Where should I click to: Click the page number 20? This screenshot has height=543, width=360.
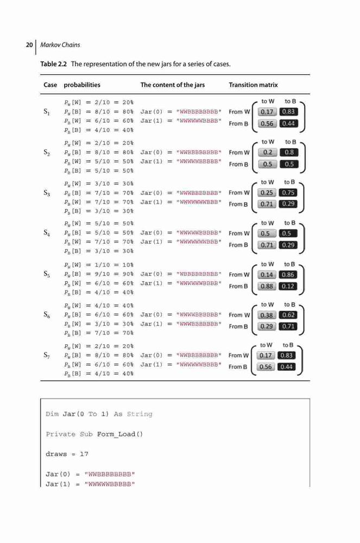point(29,45)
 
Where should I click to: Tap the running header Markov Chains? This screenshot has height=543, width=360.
point(60,45)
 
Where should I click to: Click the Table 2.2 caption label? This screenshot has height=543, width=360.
point(53,64)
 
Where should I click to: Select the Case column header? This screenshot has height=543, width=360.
point(50,85)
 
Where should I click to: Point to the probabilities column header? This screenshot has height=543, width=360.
point(82,85)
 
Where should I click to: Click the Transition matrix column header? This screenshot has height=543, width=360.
point(253,85)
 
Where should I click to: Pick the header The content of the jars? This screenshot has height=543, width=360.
point(172,85)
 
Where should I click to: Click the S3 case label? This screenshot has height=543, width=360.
point(47,193)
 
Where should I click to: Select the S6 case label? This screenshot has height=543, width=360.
point(47,314)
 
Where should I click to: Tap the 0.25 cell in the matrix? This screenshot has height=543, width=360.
point(267,193)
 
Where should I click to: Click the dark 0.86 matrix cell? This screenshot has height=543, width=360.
point(288,275)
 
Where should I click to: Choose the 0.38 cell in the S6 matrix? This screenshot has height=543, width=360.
point(267,315)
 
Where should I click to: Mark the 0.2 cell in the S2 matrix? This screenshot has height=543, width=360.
point(268,153)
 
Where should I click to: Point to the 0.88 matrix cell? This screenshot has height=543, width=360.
point(267,286)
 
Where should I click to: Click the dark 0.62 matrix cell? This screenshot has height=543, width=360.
point(288,315)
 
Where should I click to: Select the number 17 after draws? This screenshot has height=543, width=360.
point(84,454)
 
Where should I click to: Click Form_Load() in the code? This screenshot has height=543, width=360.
point(120,434)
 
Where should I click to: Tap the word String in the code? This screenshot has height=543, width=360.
point(140,414)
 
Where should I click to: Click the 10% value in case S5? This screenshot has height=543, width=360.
point(128,265)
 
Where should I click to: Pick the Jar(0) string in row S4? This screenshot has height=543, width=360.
point(199,233)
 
